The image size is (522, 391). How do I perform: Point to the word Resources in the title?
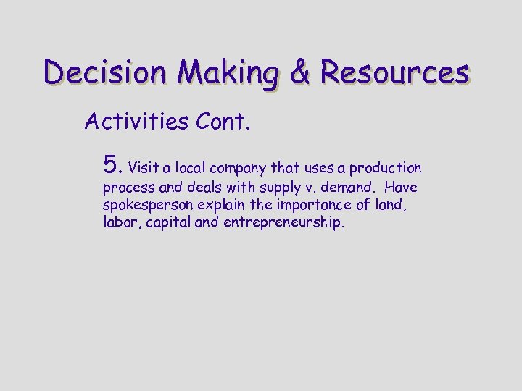click(395, 73)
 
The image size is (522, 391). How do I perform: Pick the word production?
click(385, 169)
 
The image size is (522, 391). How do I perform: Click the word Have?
click(402, 188)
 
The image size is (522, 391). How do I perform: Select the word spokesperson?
click(145, 206)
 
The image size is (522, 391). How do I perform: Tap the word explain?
click(215, 206)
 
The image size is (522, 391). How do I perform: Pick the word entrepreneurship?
click(283, 223)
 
